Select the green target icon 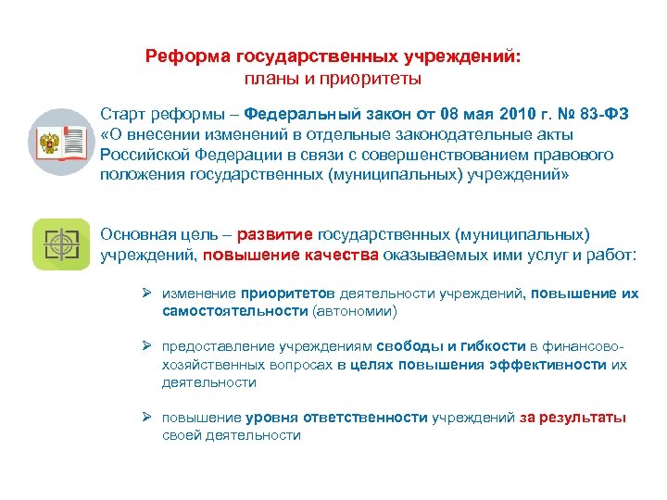(61, 244)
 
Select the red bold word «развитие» (277, 232)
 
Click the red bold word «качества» (342, 253)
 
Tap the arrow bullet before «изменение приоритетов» (147, 294)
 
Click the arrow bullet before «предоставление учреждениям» (147, 346)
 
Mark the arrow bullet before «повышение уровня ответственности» (147, 418)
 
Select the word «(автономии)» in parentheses (355, 311)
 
